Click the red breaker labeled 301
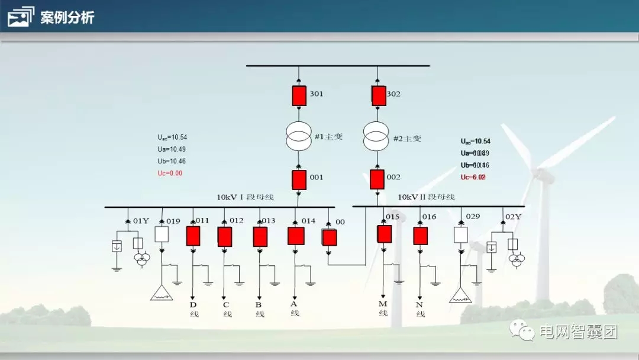pyautogui.click(x=299, y=95)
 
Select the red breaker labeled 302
pyautogui.click(x=379, y=95)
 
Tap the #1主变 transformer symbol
pyautogui.click(x=299, y=137)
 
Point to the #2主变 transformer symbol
pyautogui.click(x=377, y=137)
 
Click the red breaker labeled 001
pyautogui.click(x=299, y=178)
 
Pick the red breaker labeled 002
pyautogui.click(x=377, y=178)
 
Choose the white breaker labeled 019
pyautogui.click(x=162, y=234)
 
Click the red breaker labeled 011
pyautogui.click(x=193, y=236)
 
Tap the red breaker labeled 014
pyautogui.click(x=296, y=236)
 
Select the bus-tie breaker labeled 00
pyautogui.click(x=329, y=237)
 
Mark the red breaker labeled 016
pyautogui.click(x=420, y=236)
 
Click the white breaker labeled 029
pyautogui.click(x=461, y=234)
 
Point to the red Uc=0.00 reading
pyautogui.click(x=170, y=173)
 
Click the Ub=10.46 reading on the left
pyautogui.click(x=171, y=161)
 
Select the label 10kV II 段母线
pyautogui.click(x=426, y=197)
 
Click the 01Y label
pyautogui.click(x=141, y=221)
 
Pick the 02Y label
pyautogui.click(x=513, y=217)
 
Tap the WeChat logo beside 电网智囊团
pyautogui.click(x=522, y=330)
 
